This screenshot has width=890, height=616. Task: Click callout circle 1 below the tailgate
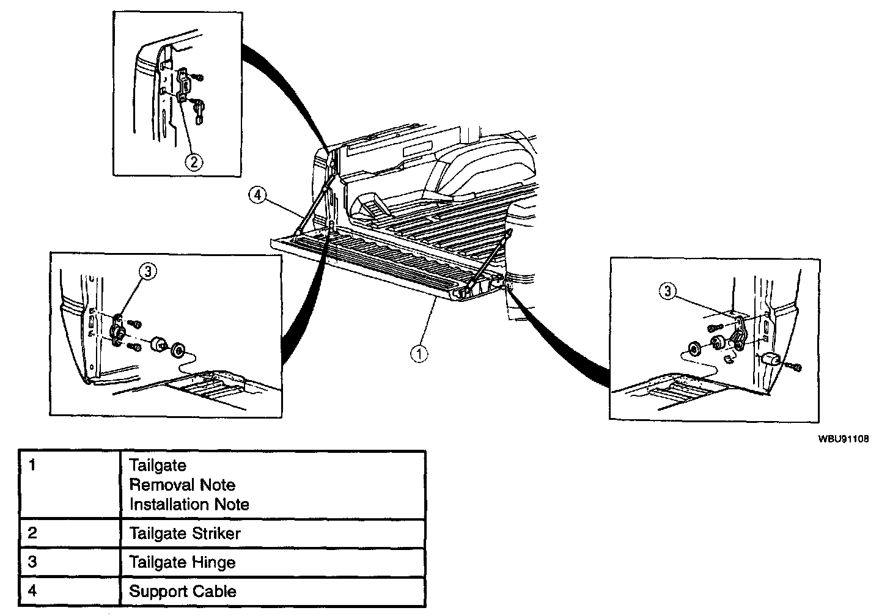pos(419,354)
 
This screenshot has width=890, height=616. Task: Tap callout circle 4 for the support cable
pos(257,195)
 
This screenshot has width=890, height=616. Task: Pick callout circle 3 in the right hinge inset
pos(667,292)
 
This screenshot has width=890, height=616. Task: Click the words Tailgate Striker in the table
pos(185,533)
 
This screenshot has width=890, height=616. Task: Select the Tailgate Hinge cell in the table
pos(182,562)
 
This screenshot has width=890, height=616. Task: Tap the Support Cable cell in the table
pos(183,591)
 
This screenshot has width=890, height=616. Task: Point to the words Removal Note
pos(182,485)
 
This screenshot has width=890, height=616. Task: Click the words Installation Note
pos(189,505)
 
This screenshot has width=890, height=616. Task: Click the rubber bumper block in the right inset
pos(770,361)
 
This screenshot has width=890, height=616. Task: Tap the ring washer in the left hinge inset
pos(179,351)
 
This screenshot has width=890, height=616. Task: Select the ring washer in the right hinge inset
pos(695,348)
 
